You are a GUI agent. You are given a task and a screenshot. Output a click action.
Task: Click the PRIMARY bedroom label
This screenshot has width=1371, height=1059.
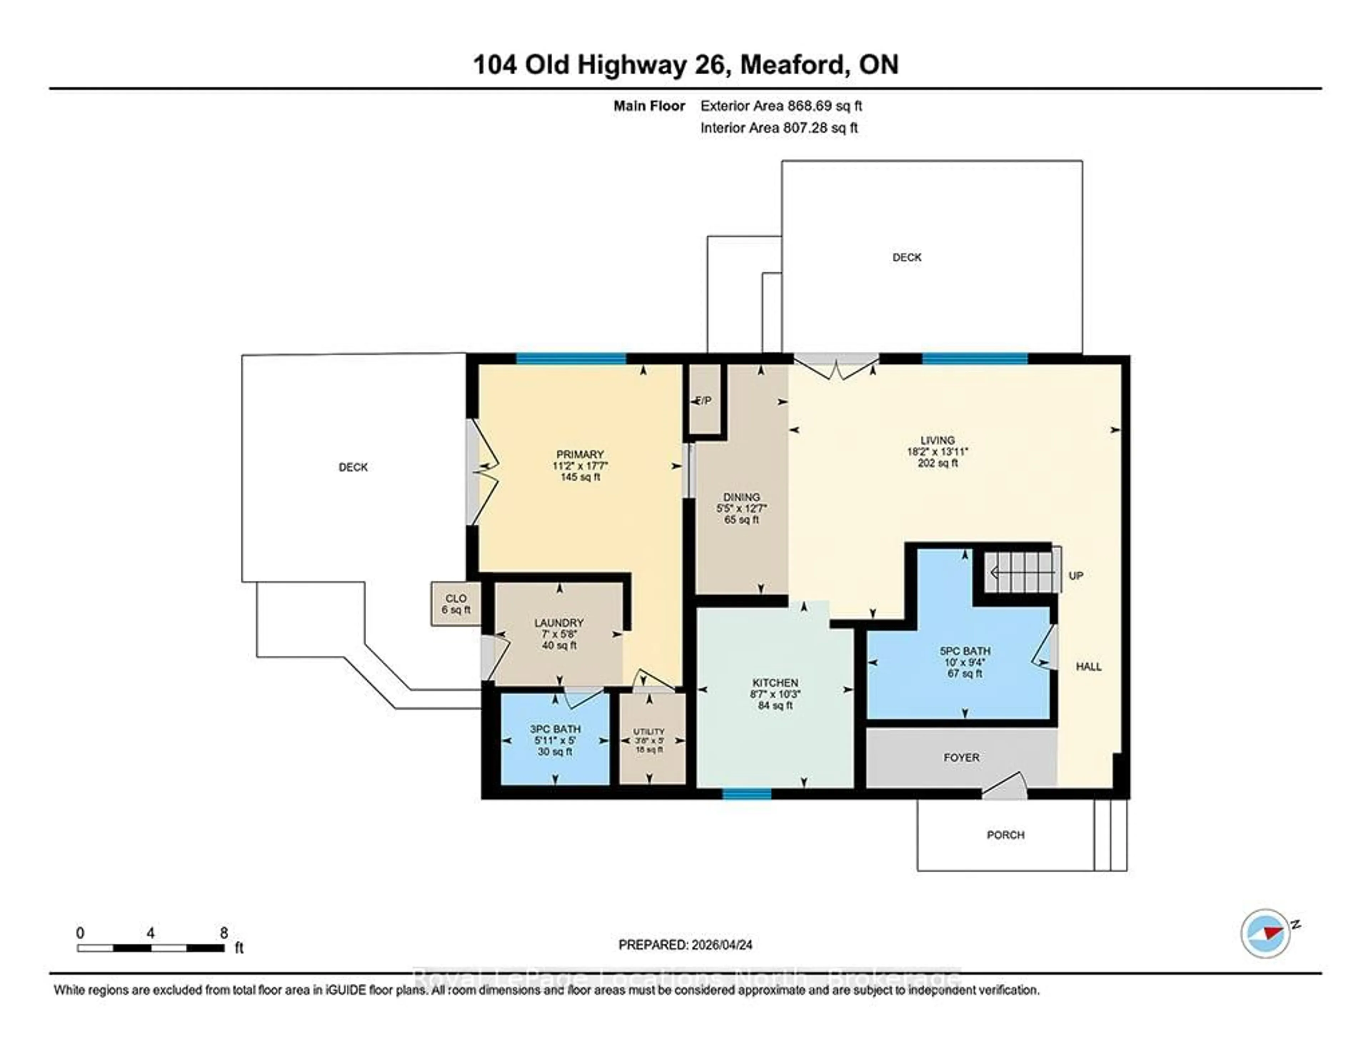coord(579,454)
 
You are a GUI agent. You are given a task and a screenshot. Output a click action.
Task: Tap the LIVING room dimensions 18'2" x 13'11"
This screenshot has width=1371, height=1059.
coord(937,451)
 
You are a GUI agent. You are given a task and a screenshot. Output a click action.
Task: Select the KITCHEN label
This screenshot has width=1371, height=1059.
coord(775,682)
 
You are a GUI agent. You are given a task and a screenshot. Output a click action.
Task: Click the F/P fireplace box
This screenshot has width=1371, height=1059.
coord(704,401)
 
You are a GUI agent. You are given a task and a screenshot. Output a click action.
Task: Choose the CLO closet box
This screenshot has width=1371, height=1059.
coord(456,603)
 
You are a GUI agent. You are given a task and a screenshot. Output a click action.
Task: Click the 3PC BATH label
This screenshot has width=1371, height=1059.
coord(555,729)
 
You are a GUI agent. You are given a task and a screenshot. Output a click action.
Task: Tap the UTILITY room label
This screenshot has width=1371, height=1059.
coord(648,731)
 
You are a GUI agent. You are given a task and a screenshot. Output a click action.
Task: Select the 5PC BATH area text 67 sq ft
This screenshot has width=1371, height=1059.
coord(964,673)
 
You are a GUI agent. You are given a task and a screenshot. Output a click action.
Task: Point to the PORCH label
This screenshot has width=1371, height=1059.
coord(1005,835)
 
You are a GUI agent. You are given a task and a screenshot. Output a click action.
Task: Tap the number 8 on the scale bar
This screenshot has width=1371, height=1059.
coord(224,933)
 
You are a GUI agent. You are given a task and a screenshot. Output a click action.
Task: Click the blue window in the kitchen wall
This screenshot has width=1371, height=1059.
coord(747,794)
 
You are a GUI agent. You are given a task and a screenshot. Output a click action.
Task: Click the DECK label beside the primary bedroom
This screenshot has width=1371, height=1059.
coord(353,467)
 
